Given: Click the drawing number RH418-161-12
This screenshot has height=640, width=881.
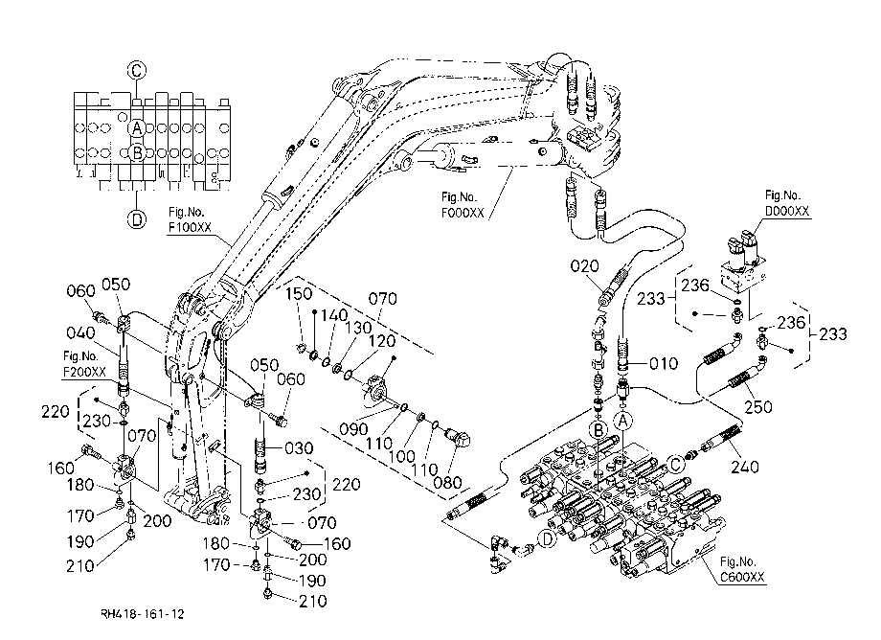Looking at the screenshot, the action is pyautogui.click(x=142, y=614).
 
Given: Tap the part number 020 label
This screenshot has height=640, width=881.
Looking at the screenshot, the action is pyautogui.click(x=584, y=265).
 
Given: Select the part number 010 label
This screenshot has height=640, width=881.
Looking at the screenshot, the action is pyautogui.click(x=664, y=363).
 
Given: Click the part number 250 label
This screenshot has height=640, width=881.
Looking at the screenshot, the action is pyautogui.click(x=758, y=406).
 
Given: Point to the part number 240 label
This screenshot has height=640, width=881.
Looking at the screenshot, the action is pyautogui.click(x=745, y=466).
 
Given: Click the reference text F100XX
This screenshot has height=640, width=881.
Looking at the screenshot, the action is pyautogui.click(x=190, y=227).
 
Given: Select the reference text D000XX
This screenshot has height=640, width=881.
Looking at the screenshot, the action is pyautogui.click(x=787, y=211).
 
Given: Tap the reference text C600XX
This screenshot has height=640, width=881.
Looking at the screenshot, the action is pyautogui.click(x=742, y=577).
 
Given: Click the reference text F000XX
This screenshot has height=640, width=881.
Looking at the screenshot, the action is pyautogui.click(x=463, y=213).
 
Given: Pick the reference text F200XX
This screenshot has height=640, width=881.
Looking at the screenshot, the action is pyautogui.click(x=84, y=372).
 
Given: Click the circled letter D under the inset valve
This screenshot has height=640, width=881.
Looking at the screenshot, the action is pyautogui.click(x=137, y=218).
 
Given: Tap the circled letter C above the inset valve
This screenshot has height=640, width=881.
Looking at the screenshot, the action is pyautogui.click(x=137, y=71).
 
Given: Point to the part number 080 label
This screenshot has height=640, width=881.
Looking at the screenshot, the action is pyautogui.click(x=448, y=482).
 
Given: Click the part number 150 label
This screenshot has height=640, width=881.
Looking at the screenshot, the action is pyautogui.click(x=299, y=293).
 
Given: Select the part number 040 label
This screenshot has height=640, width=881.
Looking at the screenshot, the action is pyautogui.click(x=80, y=332).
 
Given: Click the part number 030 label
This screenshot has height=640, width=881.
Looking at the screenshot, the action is pyautogui.click(x=299, y=447).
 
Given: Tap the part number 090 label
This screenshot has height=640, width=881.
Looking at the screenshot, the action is pyautogui.click(x=353, y=429).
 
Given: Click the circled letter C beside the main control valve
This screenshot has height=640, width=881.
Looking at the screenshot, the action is pyautogui.click(x=676, y=464).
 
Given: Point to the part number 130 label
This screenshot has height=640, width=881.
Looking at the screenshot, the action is pyautogui.click(x=358, y=327).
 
